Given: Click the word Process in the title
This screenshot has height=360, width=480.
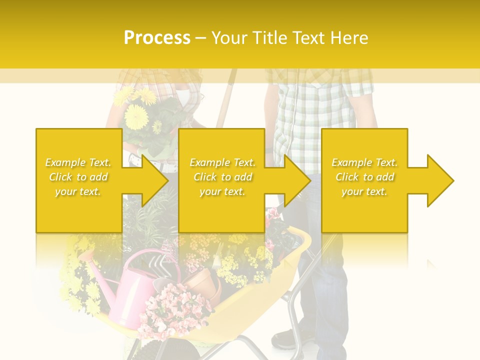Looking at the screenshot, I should coord(157,37).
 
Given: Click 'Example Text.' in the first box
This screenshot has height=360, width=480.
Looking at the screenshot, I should coord(78,162).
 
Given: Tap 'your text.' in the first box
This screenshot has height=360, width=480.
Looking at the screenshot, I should coord(78,191).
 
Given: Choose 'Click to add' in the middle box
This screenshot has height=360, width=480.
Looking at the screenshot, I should coord(222,177).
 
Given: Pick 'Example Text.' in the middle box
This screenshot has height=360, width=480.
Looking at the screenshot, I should coord(222,162).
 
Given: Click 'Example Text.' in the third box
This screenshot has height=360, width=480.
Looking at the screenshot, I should coord(364,162).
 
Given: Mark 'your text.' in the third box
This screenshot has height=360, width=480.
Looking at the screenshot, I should coord(364,191).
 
